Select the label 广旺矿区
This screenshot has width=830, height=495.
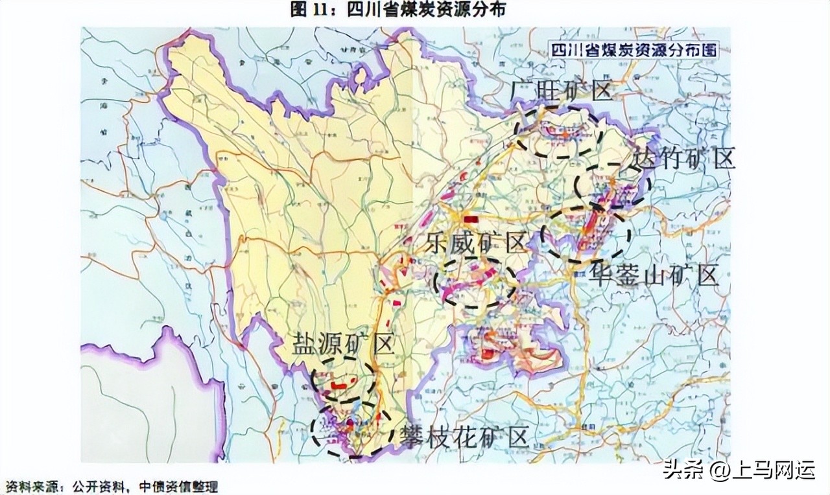point(562,91)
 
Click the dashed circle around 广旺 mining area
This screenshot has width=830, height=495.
point(559,132)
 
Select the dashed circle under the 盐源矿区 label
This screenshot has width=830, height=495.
point(344,381)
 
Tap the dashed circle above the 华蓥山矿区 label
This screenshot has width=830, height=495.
point(586,233)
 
